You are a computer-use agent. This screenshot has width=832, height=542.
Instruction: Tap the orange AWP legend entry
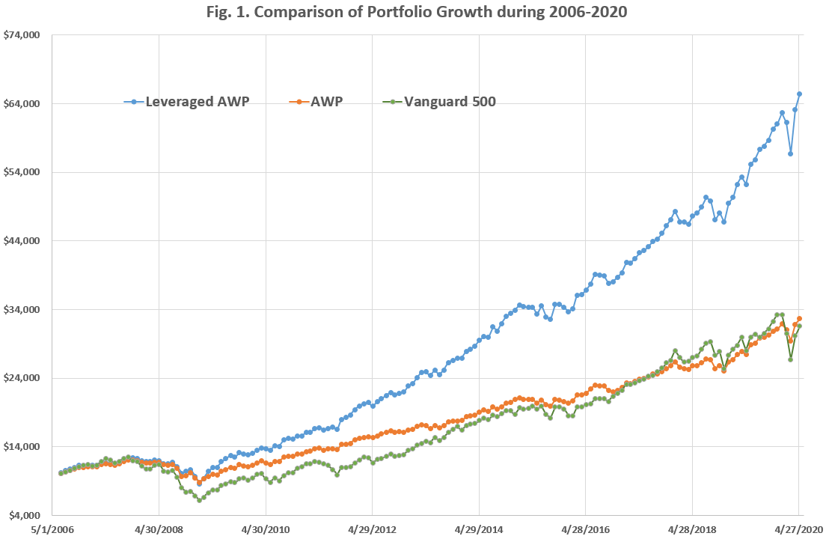[x=319, y=102]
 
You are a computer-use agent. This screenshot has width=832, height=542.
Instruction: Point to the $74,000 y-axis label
[x=22, y=35]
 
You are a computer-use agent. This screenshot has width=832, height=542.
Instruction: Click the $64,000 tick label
[x=22, y=104]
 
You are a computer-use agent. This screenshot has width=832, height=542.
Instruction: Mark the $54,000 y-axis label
[x=22, y=172]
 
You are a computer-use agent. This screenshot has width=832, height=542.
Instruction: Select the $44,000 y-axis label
[x=22, y=241]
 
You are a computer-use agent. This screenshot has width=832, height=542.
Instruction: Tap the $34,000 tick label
[x=22, y=310]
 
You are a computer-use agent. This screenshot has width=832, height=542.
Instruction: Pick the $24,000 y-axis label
[x=22, y=378]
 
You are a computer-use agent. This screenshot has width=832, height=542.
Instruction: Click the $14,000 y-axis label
[x=22, y=447]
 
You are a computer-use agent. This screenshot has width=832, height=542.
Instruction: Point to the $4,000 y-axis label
[x=24, y=516]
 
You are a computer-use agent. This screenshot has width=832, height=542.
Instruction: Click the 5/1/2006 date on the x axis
[x=52, y=530]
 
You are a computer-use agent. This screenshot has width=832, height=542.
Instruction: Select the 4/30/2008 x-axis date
[x=159, y=530]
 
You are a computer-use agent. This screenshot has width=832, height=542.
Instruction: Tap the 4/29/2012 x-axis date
[x=372, y=530]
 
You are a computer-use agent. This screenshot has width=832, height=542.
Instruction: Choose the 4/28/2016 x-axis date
[x=585, y=530]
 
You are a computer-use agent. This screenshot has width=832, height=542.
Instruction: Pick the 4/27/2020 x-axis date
[x=798, y=530]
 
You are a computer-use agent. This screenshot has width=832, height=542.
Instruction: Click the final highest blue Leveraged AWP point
[x=800, y=94]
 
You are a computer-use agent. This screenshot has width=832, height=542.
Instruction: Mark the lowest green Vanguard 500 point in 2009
[x=199, y=500]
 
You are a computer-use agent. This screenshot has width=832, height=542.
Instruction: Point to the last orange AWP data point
[x=800, y=318]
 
